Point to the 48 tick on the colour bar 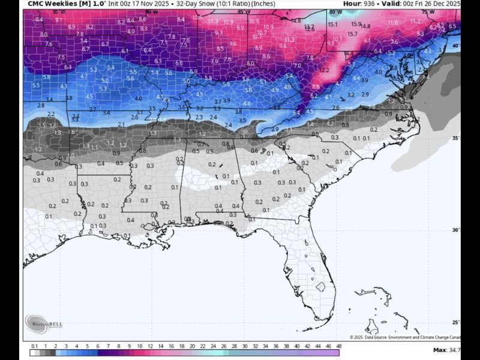pos(338,346)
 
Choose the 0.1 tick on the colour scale pos(34,346)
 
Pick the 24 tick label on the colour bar pos(213,346)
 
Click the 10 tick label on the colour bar pos(139,346)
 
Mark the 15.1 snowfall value pos(333,25)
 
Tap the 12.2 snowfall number pos(325,70)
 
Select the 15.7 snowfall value pos(352,34)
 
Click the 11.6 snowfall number pos(393,23)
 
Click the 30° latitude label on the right pos(455,230)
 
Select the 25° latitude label pos(455,322)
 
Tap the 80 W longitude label pos(335,12)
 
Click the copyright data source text pos(405,337)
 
